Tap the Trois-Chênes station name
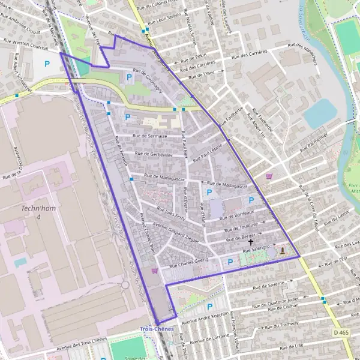(157, 329)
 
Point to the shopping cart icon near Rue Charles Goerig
(155, 271)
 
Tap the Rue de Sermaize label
(149, 137)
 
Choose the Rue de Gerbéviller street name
(154, 154)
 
